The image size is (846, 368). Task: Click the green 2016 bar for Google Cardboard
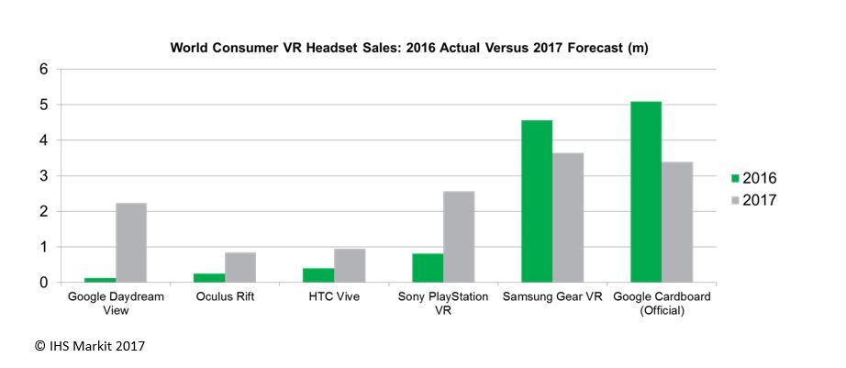[x=646, y=192]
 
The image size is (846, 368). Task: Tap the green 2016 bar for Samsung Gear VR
[x=537, y=201]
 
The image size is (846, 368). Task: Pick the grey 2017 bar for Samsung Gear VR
[x=568, y=217]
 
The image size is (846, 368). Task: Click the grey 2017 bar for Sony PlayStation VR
[x=459, y=237]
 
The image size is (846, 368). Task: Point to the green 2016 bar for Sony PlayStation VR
[x=428, y=268]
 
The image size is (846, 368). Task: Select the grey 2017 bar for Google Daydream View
[x=131, y=242]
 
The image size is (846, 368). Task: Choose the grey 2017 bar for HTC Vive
[x=350, y=265]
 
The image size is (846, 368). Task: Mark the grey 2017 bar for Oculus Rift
[x=240, y=267]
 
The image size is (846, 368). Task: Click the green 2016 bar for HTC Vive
[x=318, y=275]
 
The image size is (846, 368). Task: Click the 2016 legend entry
[x=753, y=178]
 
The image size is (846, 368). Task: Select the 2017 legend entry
[x=753, y=200]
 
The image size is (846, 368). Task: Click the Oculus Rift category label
[x=225, y=297]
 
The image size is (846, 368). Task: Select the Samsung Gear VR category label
[x=552, y=297]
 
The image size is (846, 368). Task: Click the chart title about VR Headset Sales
[x=409, y=48]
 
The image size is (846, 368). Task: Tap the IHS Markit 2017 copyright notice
[x=90, y=346]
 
